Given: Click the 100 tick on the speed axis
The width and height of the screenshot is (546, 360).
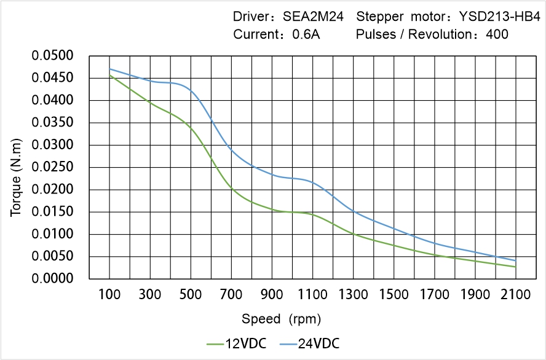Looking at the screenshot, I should (110, 294).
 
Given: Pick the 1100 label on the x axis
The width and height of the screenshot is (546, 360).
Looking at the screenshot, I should (313, 294).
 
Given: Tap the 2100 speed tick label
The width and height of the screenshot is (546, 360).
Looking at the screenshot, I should (515, 294).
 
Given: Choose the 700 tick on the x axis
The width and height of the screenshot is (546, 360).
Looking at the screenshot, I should (232, 294).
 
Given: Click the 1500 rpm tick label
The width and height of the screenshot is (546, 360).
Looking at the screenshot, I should (394, 294).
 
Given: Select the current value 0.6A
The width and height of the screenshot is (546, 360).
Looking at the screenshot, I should (306, 34).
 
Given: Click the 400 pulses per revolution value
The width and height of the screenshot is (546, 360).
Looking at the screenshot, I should (497, 34).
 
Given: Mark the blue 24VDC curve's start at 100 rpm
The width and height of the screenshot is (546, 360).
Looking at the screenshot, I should (110, 69).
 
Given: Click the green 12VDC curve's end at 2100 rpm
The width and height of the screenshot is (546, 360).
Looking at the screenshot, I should (515, 267).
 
